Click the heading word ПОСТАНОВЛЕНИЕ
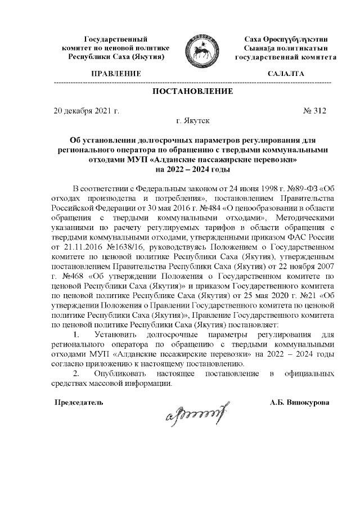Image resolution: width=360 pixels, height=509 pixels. click(191, 91)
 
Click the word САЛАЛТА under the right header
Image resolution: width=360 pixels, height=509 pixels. click(286, 74)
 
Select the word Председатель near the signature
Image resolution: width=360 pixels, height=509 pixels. click(78, 403)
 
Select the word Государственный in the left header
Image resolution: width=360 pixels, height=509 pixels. click(116, 39)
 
